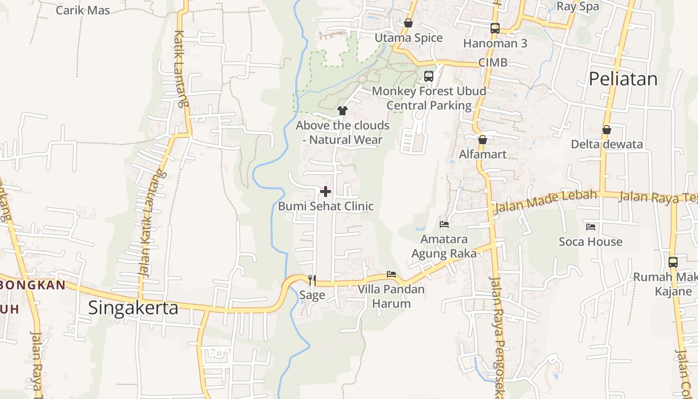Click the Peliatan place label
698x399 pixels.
tap(623, 79)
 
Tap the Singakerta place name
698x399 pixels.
tap(133, 308)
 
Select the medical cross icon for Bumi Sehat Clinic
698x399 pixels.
tap(326, 192)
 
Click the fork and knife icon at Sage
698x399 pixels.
tap(312, 280)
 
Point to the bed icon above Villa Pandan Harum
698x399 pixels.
tap(391, 274)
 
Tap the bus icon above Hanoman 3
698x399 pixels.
tap(495, 28)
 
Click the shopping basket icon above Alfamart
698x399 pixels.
tap(482, 140)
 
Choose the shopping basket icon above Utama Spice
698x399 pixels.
tap(408, 23)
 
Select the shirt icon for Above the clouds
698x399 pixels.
tap(343, 110)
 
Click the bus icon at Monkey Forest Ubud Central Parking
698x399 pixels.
tap(429, 76)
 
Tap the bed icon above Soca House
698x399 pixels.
tap(591, 227)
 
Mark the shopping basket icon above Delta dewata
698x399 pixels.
tap(607, 130)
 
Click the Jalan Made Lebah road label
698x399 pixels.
tap(545, 200)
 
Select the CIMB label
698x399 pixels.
tap(493, 62)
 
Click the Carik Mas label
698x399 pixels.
tap(83, 10)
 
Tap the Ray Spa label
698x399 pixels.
tap(577, 6)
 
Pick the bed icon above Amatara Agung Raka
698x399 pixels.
tap(444, 224)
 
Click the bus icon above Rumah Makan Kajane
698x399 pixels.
tap(673, 262)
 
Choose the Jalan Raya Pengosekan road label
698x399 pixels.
tap(498, 334)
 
